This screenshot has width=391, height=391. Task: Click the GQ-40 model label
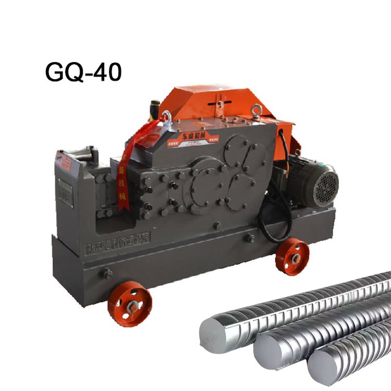[x=83, y=72]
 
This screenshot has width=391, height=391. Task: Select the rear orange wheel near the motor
[x=292, y=257]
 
